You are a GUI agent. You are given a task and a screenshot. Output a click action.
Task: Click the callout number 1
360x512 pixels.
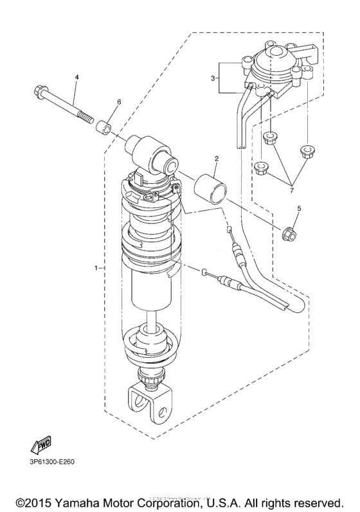(x=96, y=268)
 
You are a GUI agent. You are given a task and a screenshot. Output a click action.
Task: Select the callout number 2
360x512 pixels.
(x=216, y=159)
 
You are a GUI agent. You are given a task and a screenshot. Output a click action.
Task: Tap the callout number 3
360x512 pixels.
(x=213, y=78)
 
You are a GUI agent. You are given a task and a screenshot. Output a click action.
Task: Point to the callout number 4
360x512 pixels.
(x=76, y=77)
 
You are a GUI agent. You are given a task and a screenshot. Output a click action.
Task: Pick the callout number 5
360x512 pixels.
(x=298, y=207)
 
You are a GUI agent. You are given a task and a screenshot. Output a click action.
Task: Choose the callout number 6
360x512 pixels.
(x=119, y=102)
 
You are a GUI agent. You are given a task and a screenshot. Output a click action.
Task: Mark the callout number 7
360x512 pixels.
(x=291, y=190)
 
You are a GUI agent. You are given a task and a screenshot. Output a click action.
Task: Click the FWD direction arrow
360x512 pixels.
(x=41, y=445)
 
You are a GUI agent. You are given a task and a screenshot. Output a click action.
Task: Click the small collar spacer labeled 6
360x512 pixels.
(x=104, y=127)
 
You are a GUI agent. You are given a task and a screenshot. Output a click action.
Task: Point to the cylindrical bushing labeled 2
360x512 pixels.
(x=211, y=190)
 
